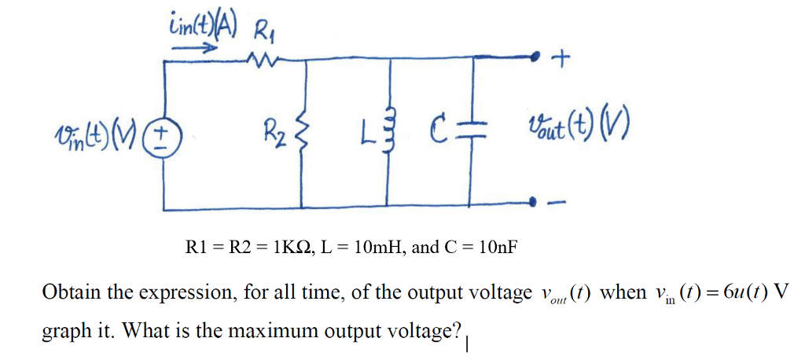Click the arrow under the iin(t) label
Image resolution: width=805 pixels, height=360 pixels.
194,48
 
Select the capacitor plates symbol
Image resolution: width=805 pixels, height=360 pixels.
469,130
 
